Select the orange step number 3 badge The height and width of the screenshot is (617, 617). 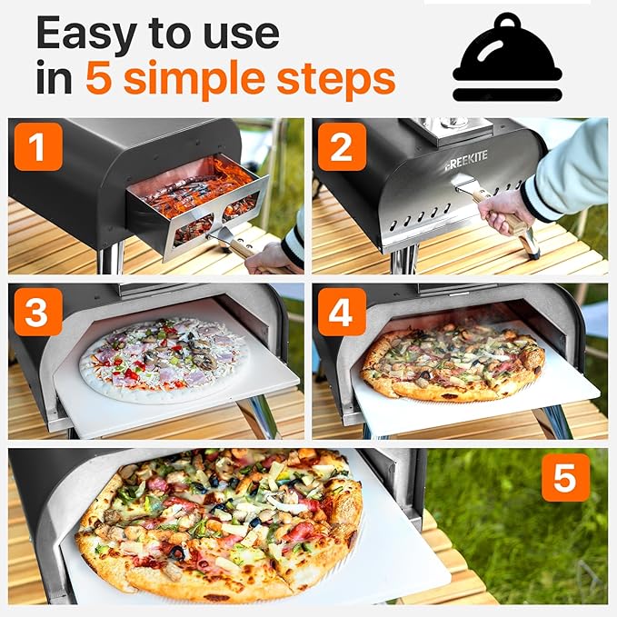tap(38, 313)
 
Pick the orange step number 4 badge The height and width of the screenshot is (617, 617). tap(342, 313)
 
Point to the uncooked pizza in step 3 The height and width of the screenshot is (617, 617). tap(163, 355)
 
